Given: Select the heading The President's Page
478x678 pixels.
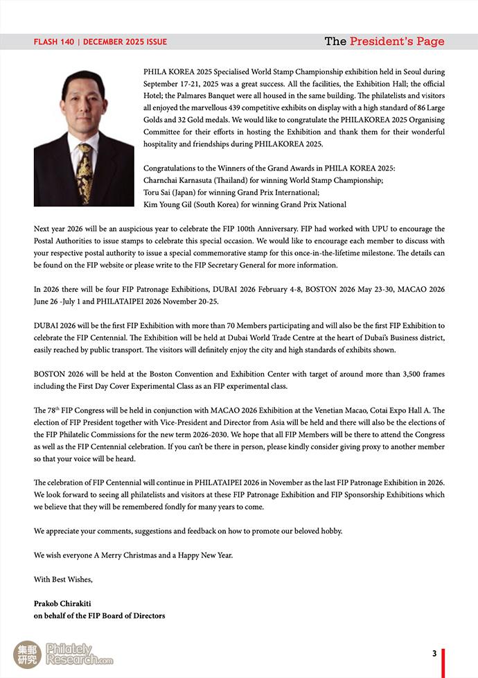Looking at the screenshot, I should point(384,42).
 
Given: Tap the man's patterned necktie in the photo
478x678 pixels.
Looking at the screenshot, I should point(84,170).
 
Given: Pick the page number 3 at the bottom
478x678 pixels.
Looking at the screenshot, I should point(434,653).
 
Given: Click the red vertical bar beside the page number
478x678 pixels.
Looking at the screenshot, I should point(443,662).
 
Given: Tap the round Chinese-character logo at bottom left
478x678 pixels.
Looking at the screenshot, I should point(27,654).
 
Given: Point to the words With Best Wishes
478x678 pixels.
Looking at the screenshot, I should point(63,579).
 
